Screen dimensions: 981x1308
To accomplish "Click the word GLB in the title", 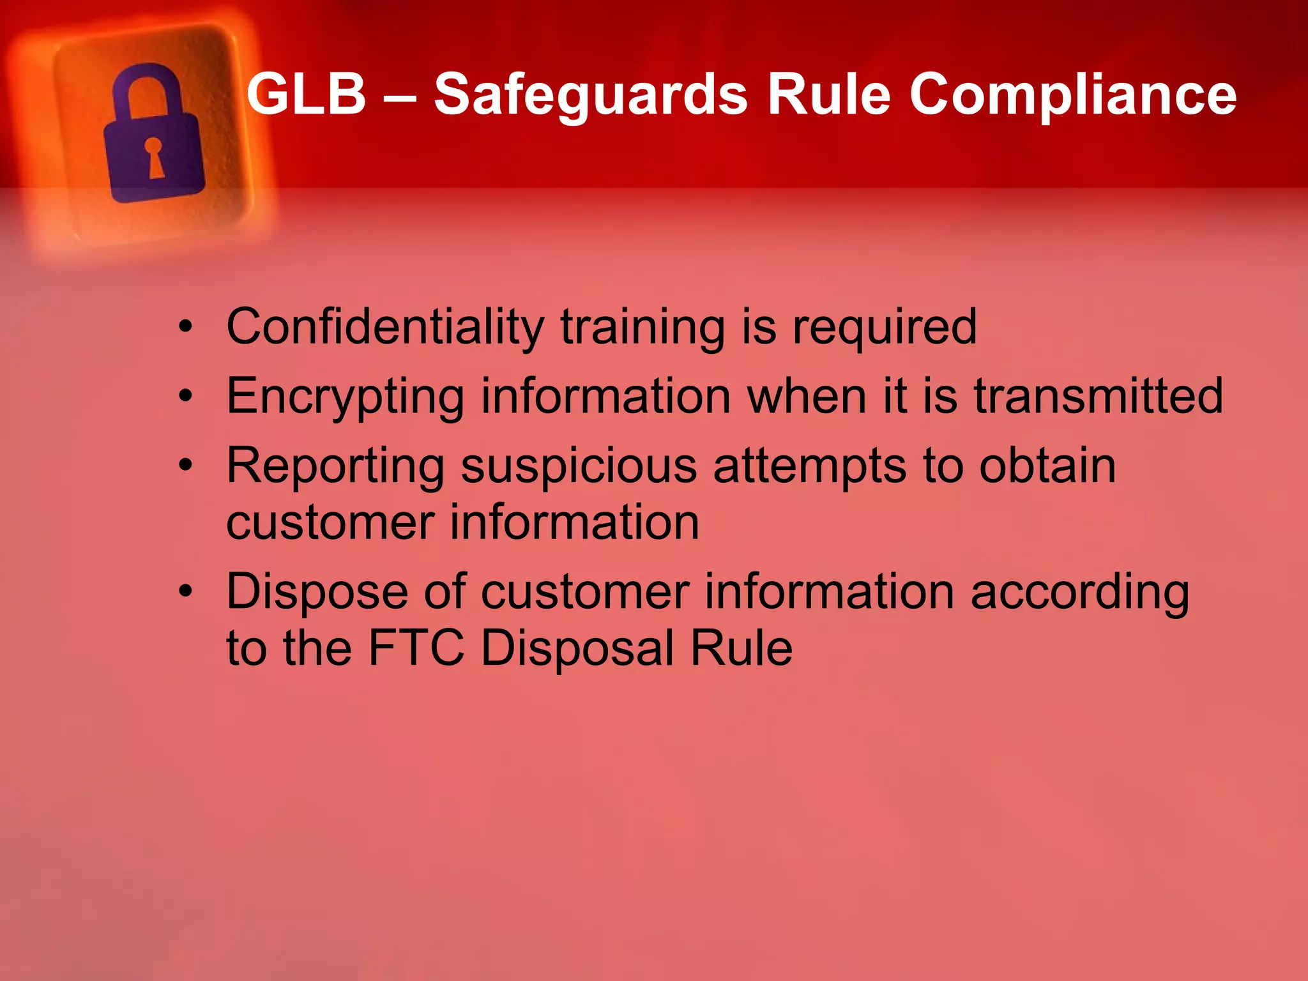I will click(306, 95).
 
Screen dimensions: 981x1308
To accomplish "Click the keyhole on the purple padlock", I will click(154, 156).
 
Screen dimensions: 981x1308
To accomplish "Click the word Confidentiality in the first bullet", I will click(385, 327).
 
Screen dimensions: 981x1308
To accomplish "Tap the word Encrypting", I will click(345, 397).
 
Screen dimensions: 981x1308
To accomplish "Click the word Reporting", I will click(335, 466).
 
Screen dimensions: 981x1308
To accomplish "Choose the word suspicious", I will click(579, 466).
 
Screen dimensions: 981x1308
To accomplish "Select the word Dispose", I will click(317, 593).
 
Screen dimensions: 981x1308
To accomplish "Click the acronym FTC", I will click(416, 648).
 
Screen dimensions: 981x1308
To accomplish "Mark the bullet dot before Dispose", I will click(185, 591).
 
